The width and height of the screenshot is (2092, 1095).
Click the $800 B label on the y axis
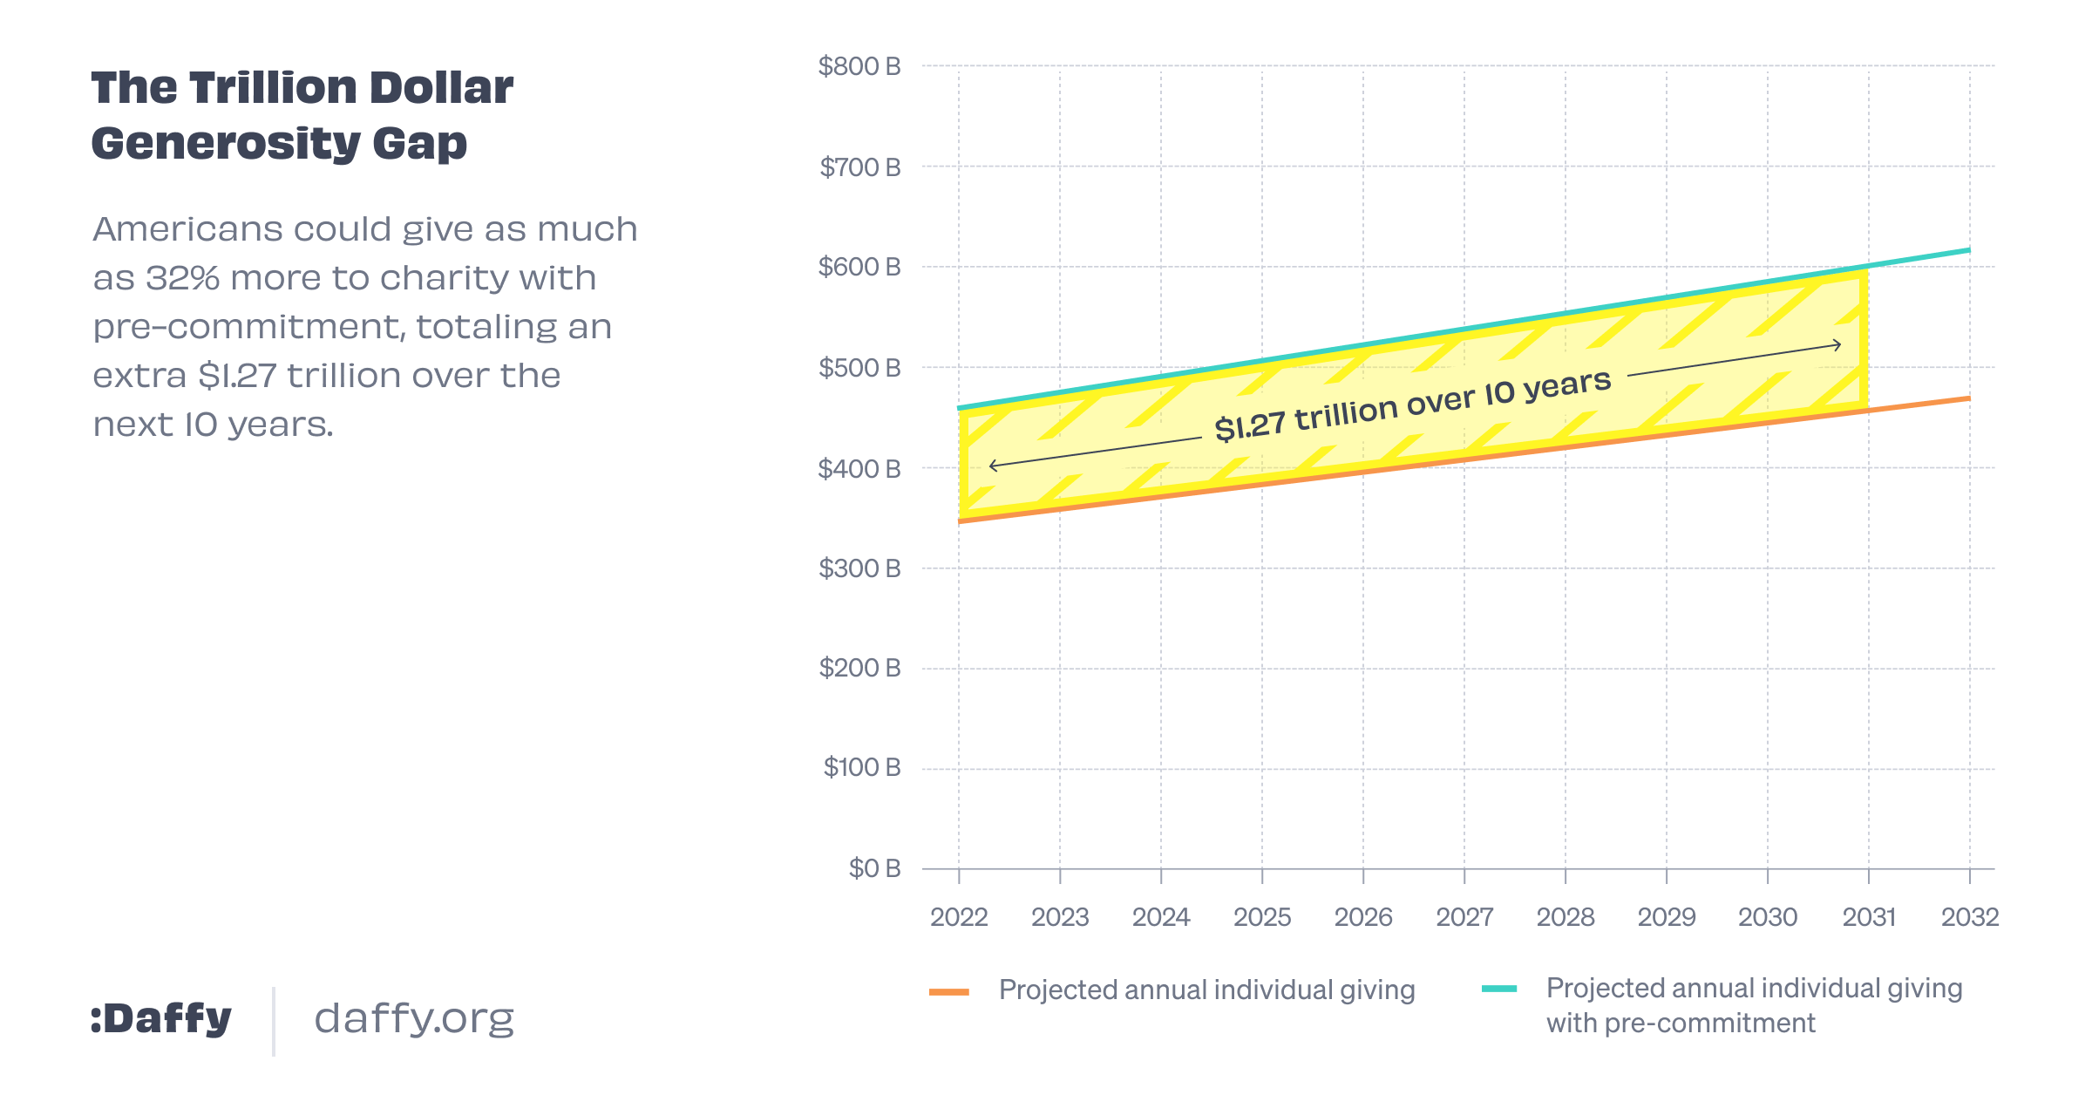tap(859, 66)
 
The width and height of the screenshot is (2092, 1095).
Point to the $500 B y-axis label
tap(859, 368)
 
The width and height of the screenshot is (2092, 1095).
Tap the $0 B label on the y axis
tap(874, 868)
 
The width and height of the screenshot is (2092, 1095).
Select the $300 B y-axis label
tap(859, 568)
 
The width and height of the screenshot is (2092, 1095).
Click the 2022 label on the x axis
tap(959, 917)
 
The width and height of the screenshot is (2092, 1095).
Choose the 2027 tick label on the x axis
tap(1464, 917)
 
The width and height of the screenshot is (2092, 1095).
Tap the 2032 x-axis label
tap(1969, 917)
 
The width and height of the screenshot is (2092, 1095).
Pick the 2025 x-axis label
tap(1262, 917)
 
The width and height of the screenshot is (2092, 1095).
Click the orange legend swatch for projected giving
tap(949, 991)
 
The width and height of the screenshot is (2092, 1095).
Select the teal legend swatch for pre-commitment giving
tap(1499, 989)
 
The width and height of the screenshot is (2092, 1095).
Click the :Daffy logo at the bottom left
tap(161, 1018)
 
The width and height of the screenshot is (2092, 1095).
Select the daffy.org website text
tap(414, 1018)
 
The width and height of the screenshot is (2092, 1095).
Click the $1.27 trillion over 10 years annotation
tap(1412, 405)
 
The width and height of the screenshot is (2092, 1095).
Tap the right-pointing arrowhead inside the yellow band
tap(1838, 345)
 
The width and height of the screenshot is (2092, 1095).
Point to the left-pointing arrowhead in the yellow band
tap(992, 466)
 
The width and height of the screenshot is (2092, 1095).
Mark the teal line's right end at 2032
tap(1968, 251)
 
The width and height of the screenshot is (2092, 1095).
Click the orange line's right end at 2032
tap(1968, 398)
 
